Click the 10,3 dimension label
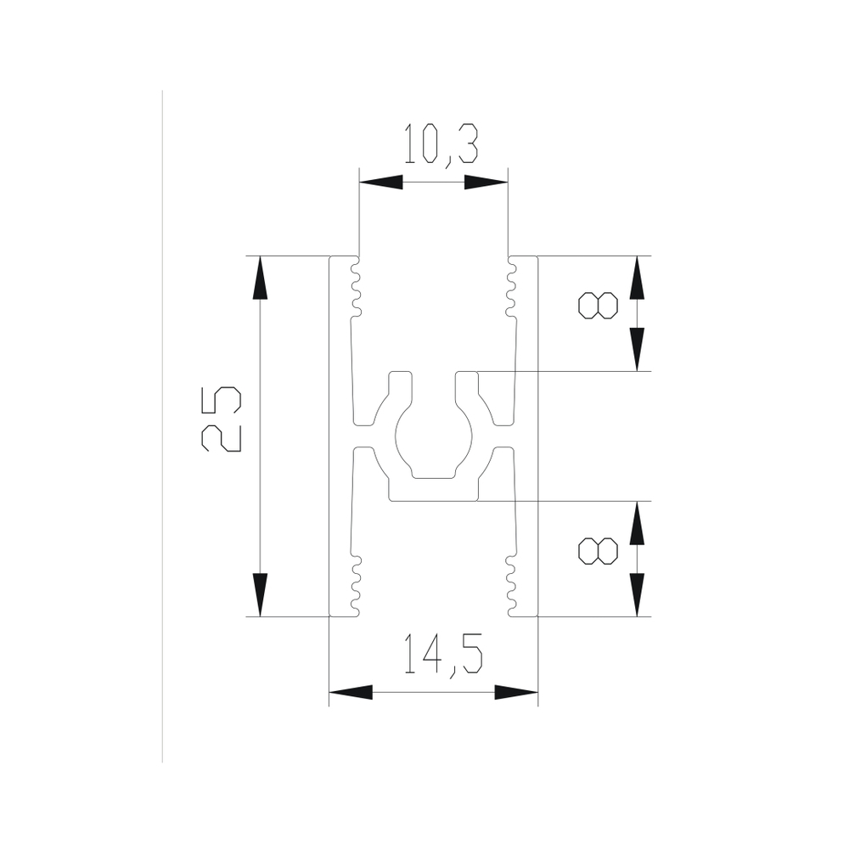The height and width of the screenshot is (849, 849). [x=441, y=145]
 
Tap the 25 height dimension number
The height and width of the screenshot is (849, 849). [x=221, y=419]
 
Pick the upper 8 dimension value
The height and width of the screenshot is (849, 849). [x=599, y=306]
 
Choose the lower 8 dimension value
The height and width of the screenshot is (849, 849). [x=599, y=551]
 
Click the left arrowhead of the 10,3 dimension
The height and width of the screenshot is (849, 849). [x=381, y=182]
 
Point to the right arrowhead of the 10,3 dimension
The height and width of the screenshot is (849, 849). [x=486, y=182]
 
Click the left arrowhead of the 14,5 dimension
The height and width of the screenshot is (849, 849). [x=351, y=692]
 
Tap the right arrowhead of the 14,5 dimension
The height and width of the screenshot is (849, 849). [x=516, y=692]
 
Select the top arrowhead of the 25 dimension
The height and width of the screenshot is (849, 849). [x=260, y=278]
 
